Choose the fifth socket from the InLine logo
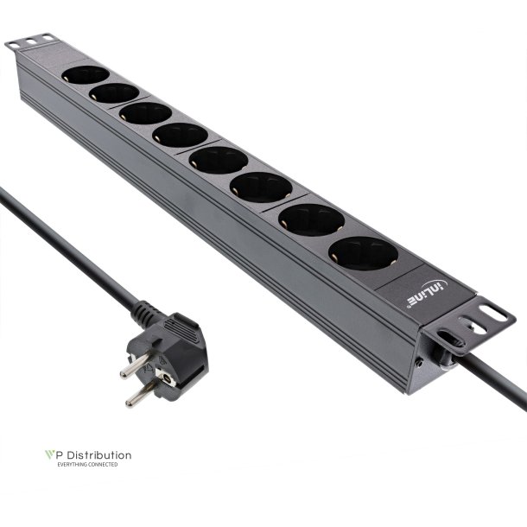[180, 135]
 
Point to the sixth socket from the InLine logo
[145, 113]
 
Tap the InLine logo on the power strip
[424, 292]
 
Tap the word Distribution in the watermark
[99, 454]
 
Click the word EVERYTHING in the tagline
[72, 465]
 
